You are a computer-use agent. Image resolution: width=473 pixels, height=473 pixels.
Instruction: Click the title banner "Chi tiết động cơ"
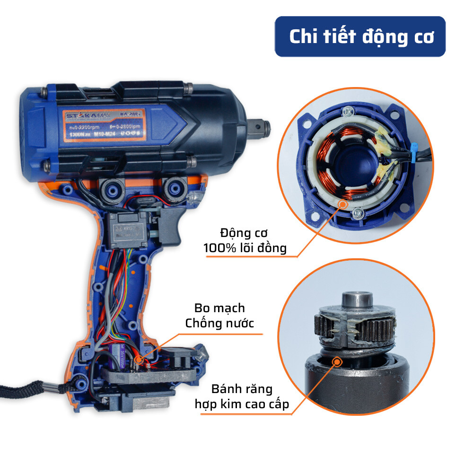click(x=360, y=37)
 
